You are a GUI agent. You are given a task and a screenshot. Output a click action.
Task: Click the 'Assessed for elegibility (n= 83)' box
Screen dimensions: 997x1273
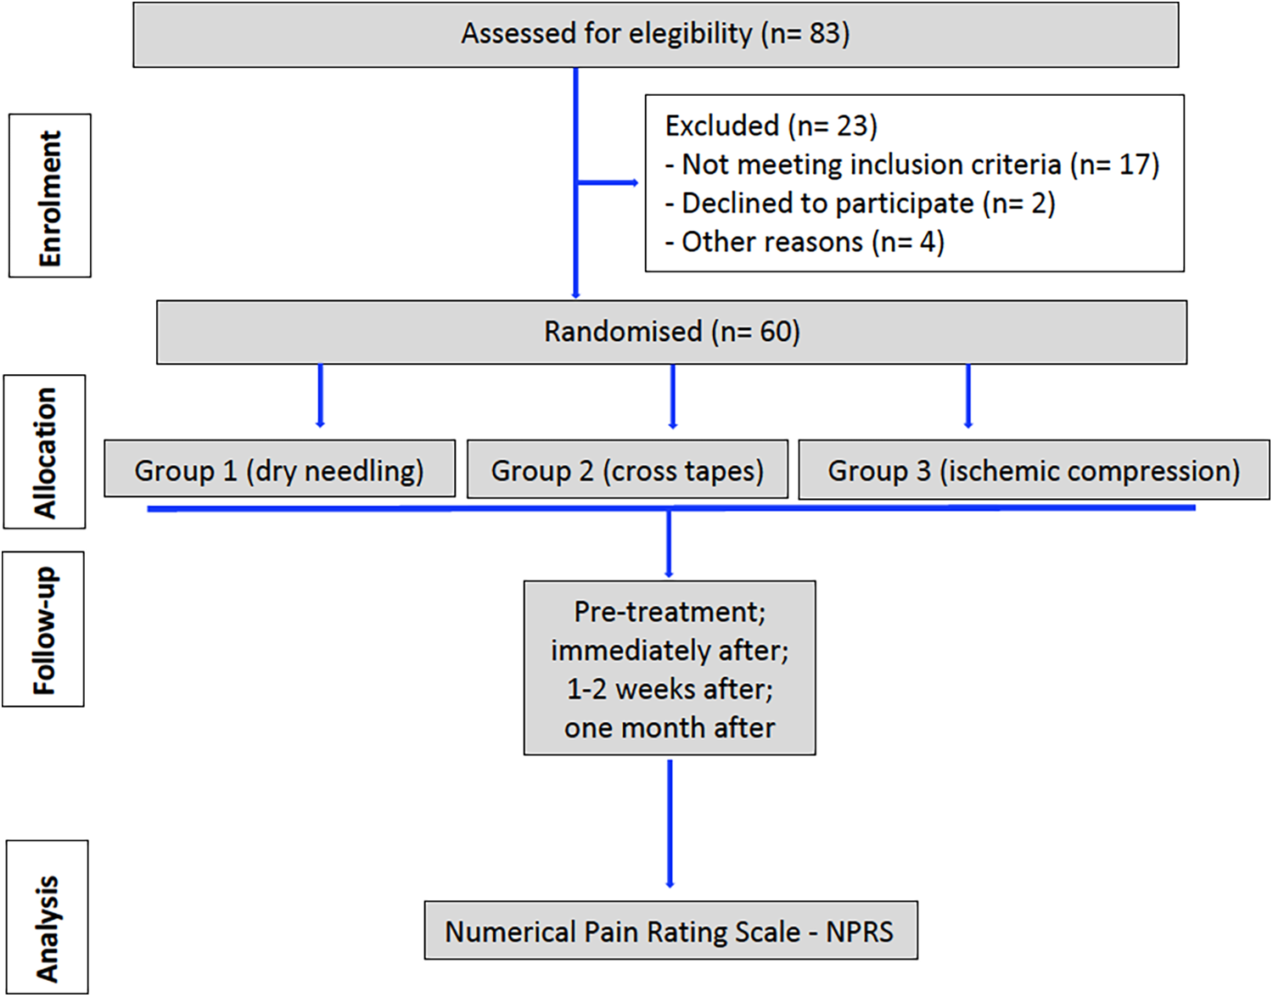(x=655, y=34)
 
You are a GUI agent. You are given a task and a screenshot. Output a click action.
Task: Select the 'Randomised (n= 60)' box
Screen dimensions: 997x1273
(x=671, y=332)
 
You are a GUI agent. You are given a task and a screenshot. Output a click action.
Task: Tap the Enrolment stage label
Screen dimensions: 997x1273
(x=50, y=196)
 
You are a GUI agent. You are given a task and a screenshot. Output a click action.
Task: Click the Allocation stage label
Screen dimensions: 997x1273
(x=45, y=451)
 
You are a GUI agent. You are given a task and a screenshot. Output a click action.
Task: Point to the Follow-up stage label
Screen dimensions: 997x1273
(x=43, y=629)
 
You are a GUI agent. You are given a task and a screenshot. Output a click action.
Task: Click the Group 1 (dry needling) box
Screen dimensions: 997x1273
(x=279, y=469)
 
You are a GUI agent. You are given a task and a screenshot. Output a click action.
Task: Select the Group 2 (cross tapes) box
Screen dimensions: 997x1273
(x=627, y=469)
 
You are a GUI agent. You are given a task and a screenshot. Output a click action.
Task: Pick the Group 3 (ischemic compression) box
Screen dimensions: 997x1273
(x=1034, y=469)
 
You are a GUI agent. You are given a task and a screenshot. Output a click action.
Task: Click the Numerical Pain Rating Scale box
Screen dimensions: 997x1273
(x=670, y=931)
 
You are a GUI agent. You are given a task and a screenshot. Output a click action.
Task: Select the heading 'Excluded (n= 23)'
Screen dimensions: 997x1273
(x=771, y=126)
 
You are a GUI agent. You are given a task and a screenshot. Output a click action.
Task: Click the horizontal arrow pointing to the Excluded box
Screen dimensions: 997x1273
(x=608, y=182)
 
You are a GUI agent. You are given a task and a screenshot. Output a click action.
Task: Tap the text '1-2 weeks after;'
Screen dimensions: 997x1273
(x=670, y=689)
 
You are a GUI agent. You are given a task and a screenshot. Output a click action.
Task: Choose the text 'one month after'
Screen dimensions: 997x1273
(x=670, y=728)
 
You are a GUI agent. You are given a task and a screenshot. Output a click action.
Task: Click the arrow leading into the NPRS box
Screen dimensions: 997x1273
(x=670, y=823)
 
